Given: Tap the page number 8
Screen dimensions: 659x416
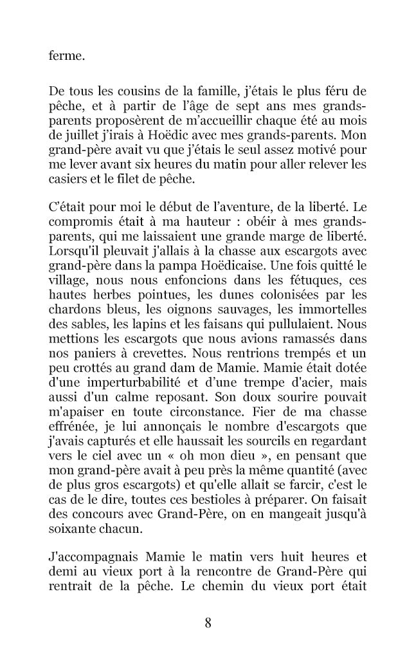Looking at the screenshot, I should pos(208,622).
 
